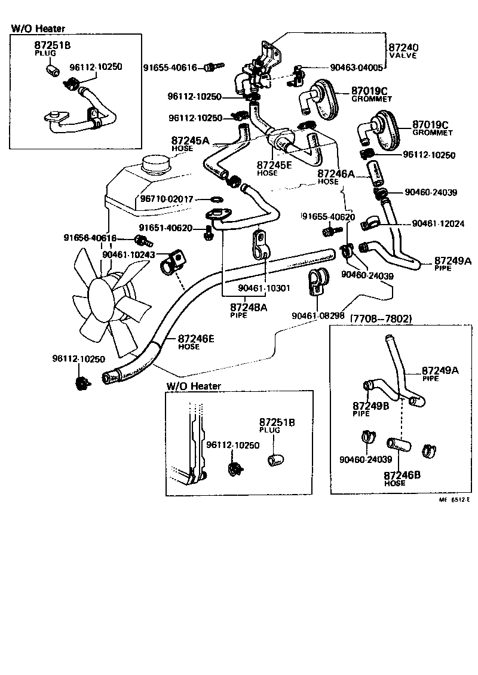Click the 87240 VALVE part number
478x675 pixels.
[403, 47]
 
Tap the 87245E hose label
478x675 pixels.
[275, 164]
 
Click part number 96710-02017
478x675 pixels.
[167, 198]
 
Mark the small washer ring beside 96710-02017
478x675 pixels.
[217, 199]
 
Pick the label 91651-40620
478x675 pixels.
[166, 228]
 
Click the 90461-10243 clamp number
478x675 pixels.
[128, 254]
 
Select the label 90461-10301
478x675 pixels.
[263, 288]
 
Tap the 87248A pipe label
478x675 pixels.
[249, 307]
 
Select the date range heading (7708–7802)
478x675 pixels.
[381, 318]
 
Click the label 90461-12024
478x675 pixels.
[439, 223]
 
